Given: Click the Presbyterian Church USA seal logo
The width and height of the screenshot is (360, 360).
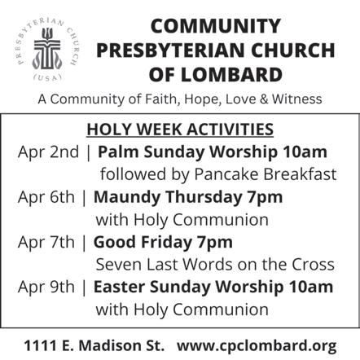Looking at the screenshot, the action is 46,50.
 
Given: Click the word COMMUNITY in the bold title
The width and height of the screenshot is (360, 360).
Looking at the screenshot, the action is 216,26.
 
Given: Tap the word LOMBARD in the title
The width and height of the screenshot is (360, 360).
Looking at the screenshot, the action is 232,75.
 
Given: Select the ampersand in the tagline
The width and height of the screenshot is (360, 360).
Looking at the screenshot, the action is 264,99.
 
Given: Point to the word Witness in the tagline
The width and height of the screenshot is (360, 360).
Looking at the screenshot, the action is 297,99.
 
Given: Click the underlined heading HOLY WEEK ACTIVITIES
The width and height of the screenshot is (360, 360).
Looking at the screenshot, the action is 180,130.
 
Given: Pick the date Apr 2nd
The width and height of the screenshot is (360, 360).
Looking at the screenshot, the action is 48,151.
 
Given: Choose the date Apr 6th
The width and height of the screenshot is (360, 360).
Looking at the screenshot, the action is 46,197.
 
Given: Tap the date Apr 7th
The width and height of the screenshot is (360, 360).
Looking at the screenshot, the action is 46,242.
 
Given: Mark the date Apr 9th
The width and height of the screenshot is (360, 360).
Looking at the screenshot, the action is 46,287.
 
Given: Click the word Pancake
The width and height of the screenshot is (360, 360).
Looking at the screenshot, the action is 226,174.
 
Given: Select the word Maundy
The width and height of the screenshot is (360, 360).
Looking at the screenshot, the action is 127,197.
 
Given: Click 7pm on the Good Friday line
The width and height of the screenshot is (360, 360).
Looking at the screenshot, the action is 215,243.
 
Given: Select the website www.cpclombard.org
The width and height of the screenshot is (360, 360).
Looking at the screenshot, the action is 257,346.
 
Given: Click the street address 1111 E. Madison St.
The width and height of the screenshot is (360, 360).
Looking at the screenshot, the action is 94,345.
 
